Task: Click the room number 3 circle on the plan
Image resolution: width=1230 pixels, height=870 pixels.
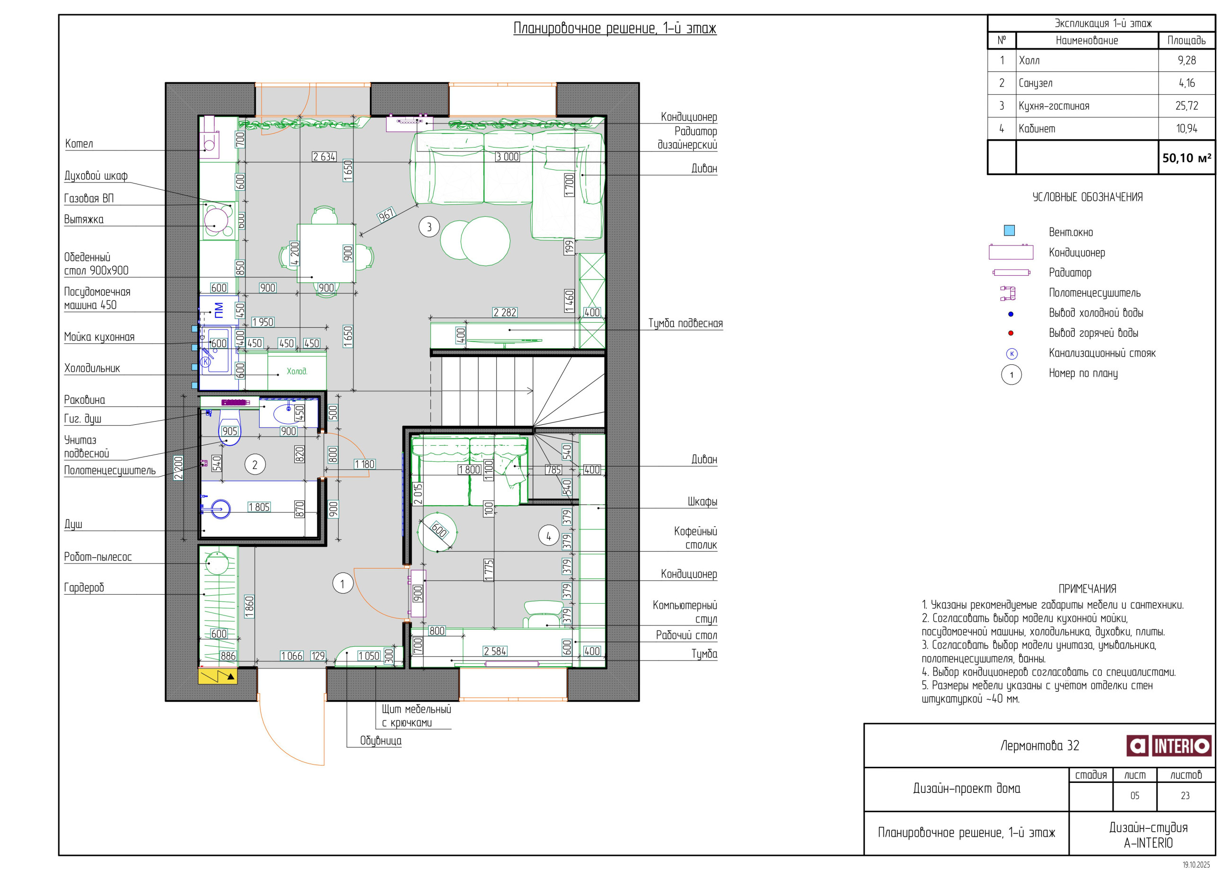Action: [429, 227]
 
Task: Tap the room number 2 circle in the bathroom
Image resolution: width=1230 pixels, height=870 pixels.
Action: [255, 465]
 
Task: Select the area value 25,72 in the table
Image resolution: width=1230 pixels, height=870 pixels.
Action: [1186, 106]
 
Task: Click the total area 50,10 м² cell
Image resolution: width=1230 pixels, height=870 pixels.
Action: [1186, 158]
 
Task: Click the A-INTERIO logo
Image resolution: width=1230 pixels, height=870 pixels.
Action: [1169, 746]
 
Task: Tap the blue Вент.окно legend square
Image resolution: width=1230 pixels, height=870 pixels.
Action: [1009, 230]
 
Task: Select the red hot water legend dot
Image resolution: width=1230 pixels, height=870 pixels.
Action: [1011, 333]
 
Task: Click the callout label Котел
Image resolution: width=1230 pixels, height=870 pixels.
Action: [79, 143]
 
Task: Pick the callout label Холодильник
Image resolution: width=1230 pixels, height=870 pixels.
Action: [92, 368]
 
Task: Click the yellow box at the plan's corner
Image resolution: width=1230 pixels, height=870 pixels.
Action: [218, 676]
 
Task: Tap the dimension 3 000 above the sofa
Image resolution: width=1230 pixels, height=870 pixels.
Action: [507, 157]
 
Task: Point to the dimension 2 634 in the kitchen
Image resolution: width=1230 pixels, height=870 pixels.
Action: [324, 157]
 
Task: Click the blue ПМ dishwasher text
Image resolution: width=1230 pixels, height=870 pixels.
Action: [219, 310]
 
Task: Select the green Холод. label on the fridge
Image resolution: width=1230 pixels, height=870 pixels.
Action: [297, 371]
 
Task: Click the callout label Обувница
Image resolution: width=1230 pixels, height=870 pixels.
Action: [380, 741]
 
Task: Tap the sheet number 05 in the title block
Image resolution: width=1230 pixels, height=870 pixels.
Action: [1134, 796]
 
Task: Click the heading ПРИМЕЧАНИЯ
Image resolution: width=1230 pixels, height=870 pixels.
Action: [1088, 589]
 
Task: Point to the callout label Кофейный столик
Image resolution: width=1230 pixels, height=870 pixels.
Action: [695, 538]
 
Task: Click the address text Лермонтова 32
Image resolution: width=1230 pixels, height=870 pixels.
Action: [1040, 746]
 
